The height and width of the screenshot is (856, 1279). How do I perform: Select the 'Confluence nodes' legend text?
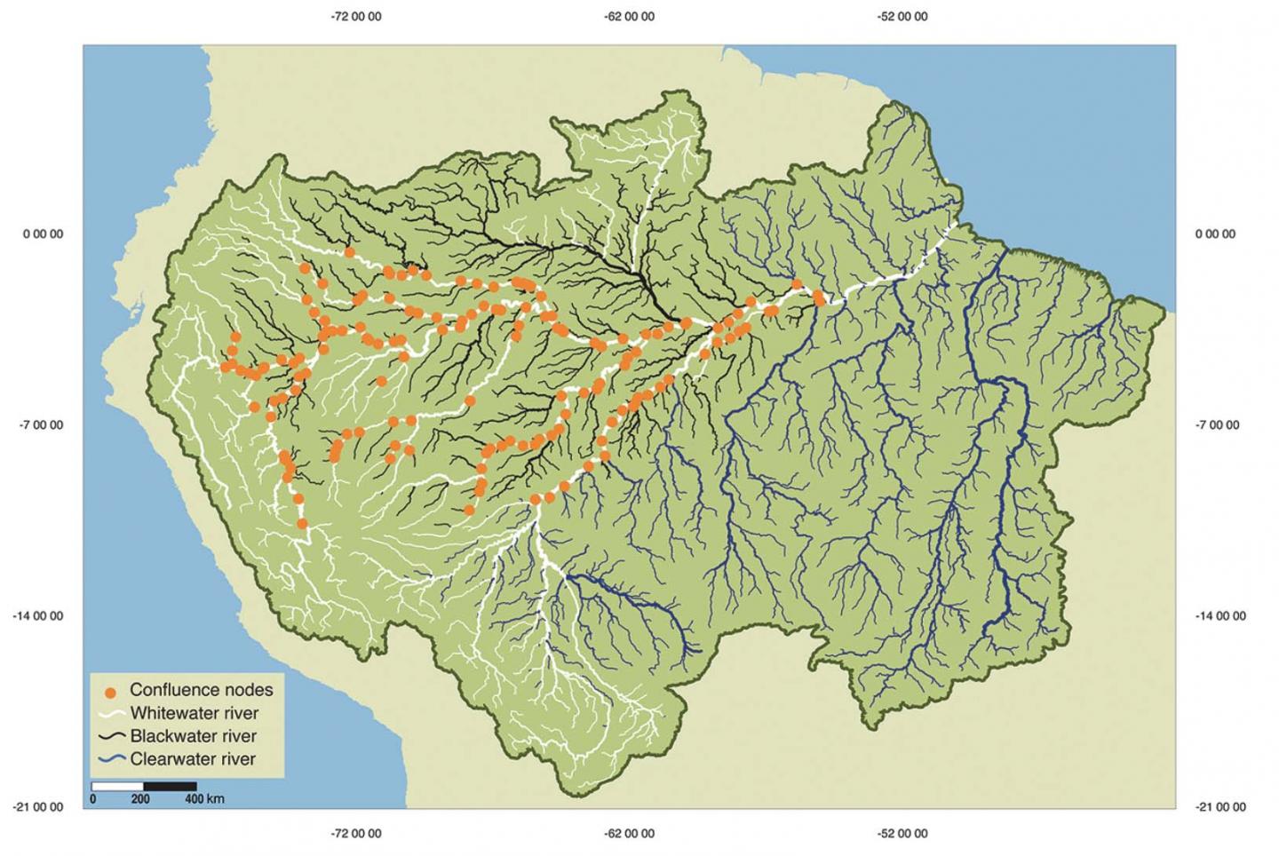pos(201,690)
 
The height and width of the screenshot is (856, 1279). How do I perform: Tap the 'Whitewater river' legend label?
pos(194,713)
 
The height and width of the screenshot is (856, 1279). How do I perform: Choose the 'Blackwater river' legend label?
pos(193,736)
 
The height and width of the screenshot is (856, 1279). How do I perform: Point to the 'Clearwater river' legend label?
pos(192,759)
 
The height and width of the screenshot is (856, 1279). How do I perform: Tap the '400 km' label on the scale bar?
pos(204,799)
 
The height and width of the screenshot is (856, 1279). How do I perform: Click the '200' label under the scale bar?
pos(140,799)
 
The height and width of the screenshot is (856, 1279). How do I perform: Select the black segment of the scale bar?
pos(170,786)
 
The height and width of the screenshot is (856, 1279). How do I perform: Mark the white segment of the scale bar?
pos(117,786)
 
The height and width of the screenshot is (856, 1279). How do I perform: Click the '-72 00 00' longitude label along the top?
pos(356,16)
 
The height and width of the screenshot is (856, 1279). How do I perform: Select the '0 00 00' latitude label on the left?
pos(43,234)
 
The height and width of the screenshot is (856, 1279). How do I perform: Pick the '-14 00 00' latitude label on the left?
pos(39,616)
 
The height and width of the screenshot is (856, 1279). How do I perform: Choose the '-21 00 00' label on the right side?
pos(1220,807)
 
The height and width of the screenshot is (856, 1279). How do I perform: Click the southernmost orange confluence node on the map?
pos(302,524)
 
